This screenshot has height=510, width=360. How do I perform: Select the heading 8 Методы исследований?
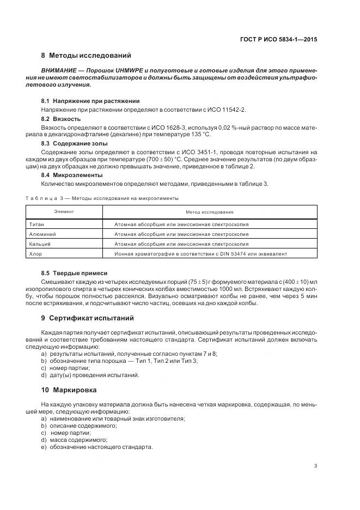[86, 56]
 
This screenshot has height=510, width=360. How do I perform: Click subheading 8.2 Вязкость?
[61, 118]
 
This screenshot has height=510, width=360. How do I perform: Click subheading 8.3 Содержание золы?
[70, 143]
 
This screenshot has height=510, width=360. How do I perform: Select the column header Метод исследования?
[209, 211]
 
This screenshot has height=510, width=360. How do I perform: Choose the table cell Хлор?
[34, 253]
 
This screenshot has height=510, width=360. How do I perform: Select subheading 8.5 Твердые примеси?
[74, 272]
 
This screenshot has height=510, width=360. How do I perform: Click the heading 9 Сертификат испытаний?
[87, 318]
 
